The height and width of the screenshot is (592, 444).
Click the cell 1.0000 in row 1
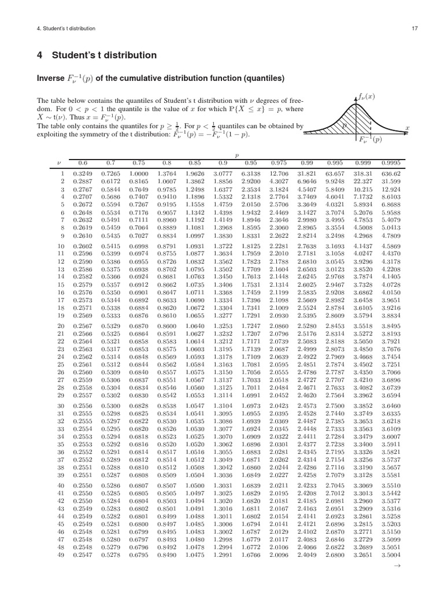tap(136, 173)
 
